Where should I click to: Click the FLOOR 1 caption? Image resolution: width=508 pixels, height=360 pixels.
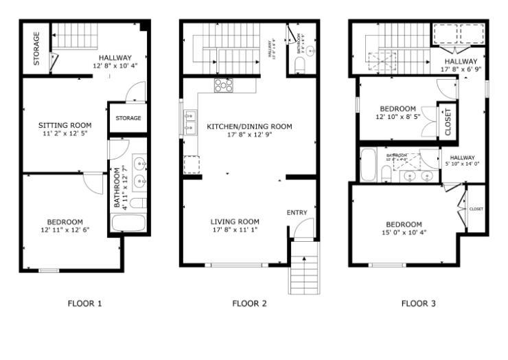click(84, 303)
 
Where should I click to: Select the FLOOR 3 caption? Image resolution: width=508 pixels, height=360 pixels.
click(418, 303)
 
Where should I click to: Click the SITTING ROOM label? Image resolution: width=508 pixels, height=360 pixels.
click(65, 125)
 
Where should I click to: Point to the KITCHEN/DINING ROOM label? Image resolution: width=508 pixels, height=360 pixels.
click(249, 126)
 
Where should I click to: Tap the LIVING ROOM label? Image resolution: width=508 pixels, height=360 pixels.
click(235, 221)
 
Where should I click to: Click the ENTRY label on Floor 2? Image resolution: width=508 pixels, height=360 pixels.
click(297, 212)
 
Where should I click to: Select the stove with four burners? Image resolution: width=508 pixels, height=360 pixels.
click(224, 85)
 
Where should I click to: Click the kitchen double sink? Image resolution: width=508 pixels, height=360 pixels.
click(189, 121)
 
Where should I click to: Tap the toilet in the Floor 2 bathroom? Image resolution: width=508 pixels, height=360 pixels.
click(300, 65)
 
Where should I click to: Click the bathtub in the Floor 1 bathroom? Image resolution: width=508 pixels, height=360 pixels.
click(128, 223)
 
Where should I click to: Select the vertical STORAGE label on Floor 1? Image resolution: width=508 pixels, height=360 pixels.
click(36, 48)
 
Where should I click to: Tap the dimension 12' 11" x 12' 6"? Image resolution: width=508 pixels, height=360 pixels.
click(65, 230)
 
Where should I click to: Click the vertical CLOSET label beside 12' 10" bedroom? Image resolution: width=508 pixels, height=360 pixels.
click(448, 122)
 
